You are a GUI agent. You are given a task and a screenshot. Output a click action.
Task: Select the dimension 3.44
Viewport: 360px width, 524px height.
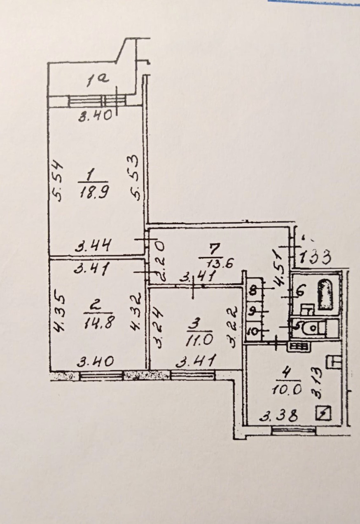click(93, 247)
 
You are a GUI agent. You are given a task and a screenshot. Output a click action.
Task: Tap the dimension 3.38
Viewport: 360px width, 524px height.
click(279, 417)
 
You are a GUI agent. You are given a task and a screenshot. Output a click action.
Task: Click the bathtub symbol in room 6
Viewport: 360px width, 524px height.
click(326, 294)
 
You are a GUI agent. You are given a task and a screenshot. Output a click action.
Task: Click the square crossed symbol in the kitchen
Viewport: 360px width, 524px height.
click(324, 414)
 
